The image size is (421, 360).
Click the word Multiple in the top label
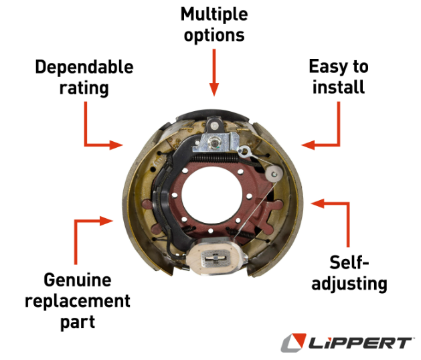tap(213, 13)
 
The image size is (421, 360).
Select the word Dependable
tap(84, 67)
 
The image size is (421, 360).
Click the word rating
tap(84, 87)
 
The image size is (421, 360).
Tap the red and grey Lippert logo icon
tap(293, 343)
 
